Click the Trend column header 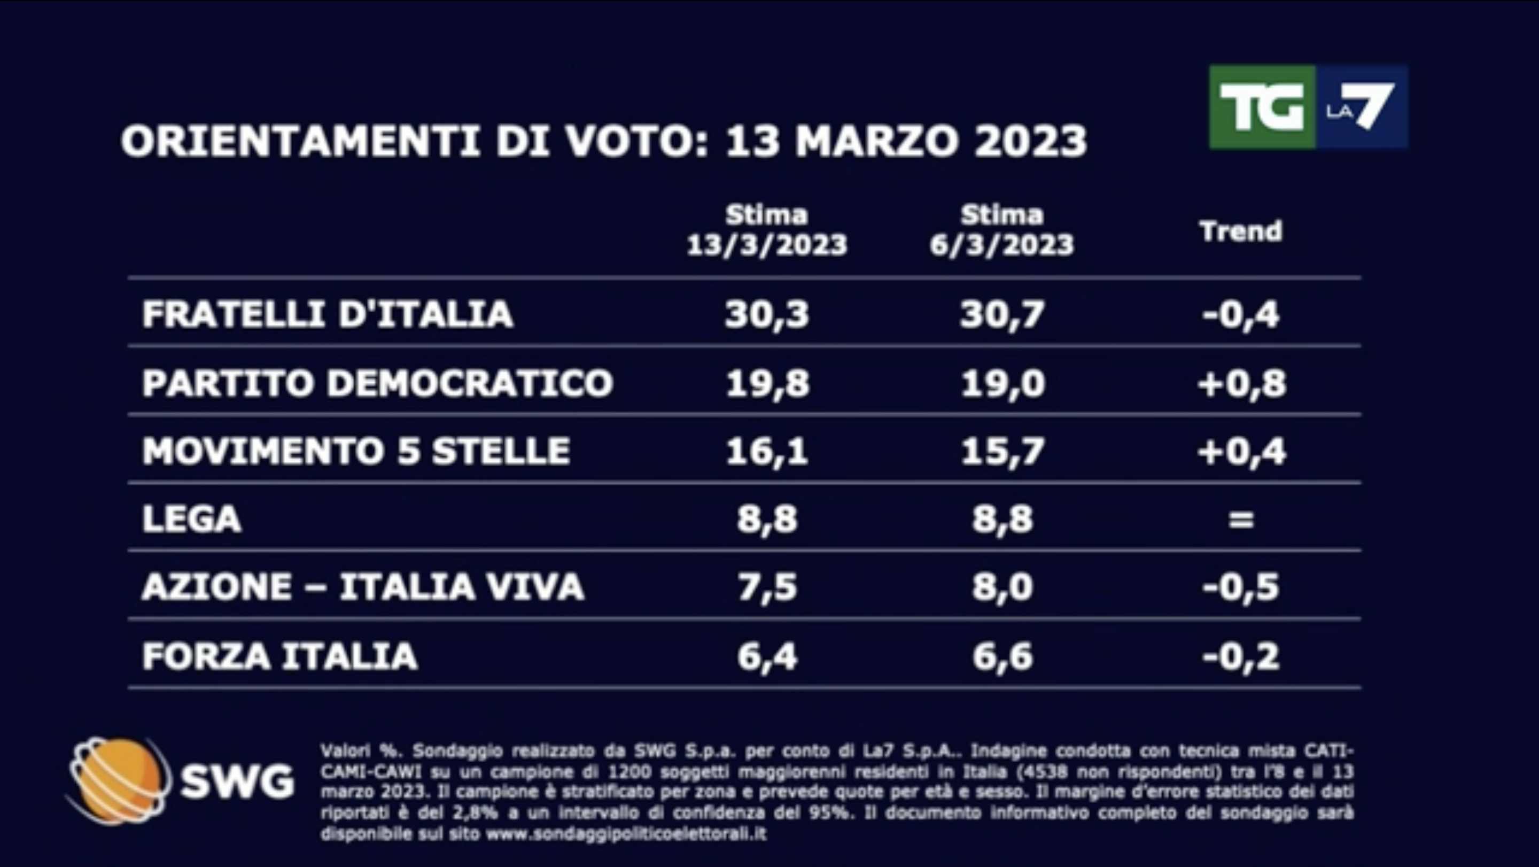[1241, 231]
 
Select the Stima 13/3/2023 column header [766, 230]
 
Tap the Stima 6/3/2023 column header [1002, 230]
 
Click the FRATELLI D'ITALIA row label [328, 314]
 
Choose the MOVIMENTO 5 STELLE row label [356, 451]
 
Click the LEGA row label [192, 518]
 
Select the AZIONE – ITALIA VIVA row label [363, 587]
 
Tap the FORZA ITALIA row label [279, 656]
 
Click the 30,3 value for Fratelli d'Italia [766, 314]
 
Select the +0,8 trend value [1241, 383]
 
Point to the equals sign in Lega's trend [1241, 519]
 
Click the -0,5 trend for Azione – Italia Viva [1241, 587]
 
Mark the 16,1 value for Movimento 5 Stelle [766, 451]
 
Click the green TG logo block [1262, 107]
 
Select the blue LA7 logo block [1362, 107]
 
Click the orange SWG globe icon [118, 780]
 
